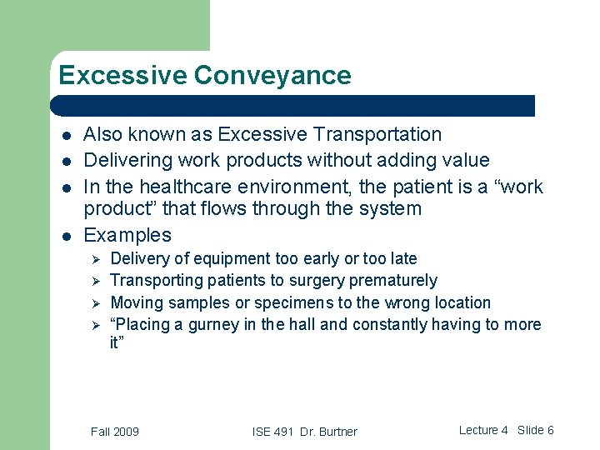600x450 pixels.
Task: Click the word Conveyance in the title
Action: pyautogui.click(x=272, y=76)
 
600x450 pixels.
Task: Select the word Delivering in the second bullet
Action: pyautogui.click(x=127, y=159)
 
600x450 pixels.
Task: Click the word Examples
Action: pyautogui.click(x=127, y=235)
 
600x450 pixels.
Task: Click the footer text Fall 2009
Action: pyautogui.click(x=115, y=431)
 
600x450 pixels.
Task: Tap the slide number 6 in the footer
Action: pyautogui.click(x=550, y=430)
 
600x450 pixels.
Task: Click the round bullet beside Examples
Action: pyautogui.click(x=66, y=236)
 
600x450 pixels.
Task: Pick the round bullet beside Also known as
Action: pyautogui.click(x=66, y=135)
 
